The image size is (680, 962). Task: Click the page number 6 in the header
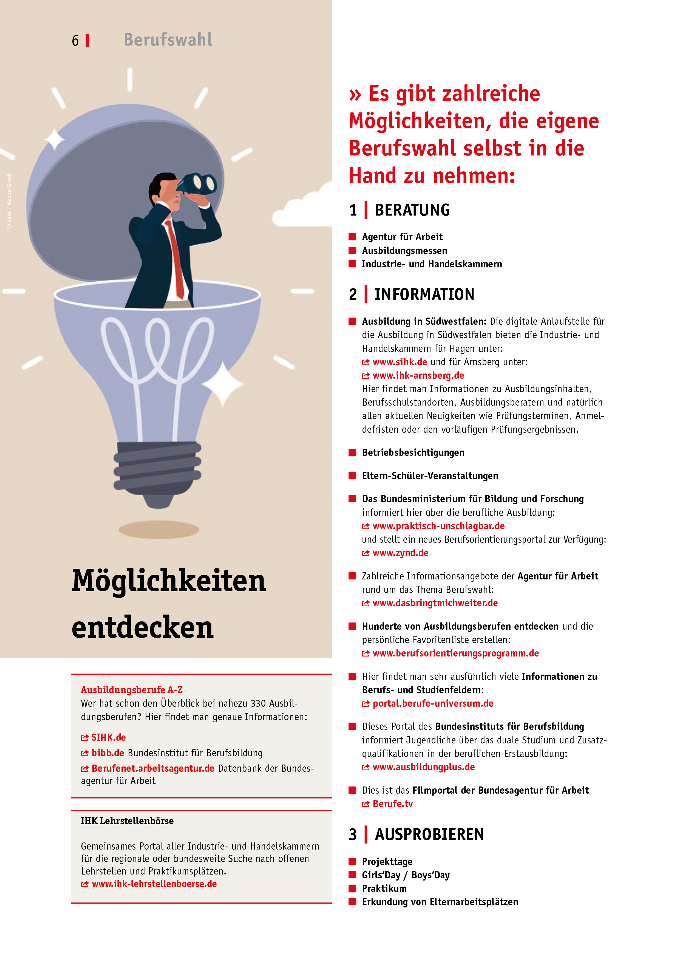[75, 41]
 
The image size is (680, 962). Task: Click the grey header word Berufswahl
[168, 40]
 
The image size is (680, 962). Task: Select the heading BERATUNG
[412, 210]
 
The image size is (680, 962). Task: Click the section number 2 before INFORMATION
[353, 295]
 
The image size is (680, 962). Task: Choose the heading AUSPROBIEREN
[429, 834]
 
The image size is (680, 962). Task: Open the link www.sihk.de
[400, 362]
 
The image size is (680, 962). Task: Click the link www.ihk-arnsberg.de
[418, 375]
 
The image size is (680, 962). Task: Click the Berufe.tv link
[393, 803]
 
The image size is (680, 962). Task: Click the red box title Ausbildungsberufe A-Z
[132, 690]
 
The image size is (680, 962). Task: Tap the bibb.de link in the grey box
[108, 753]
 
